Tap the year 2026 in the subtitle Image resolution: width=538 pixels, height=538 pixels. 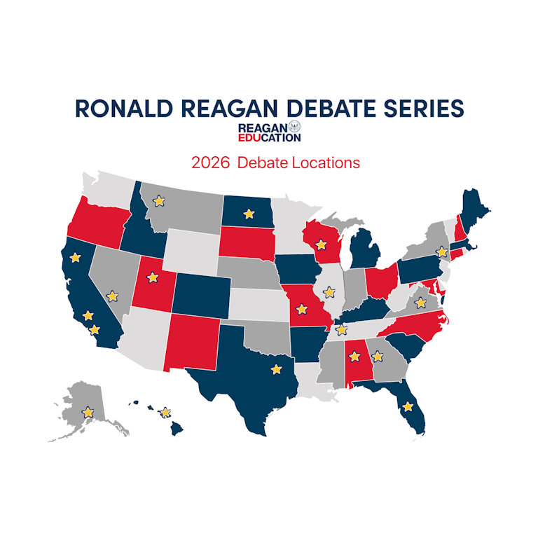click(x=210, y=163)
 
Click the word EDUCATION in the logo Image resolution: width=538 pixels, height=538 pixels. click(x=270, y=137)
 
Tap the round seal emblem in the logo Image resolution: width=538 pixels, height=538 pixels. click(x=295, y=127)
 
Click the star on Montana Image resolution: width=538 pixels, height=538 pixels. click(x=159, y=201)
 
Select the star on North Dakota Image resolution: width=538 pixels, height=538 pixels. click(x=248, y=213)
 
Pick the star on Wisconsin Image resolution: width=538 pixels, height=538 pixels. click(x=322, y=244)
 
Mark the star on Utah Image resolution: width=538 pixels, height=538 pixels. click(x=152, y=277)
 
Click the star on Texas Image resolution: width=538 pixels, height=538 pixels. click(x=276, y=368)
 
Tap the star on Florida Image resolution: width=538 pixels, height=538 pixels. click(x=407, y=406)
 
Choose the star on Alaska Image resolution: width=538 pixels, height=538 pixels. click(x=88, y=412)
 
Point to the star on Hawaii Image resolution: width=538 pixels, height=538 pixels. click(x=165, y=412)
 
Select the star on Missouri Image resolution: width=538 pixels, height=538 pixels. click(x=303, y=308)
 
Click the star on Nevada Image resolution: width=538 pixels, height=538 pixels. click(x=112, y=296)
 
